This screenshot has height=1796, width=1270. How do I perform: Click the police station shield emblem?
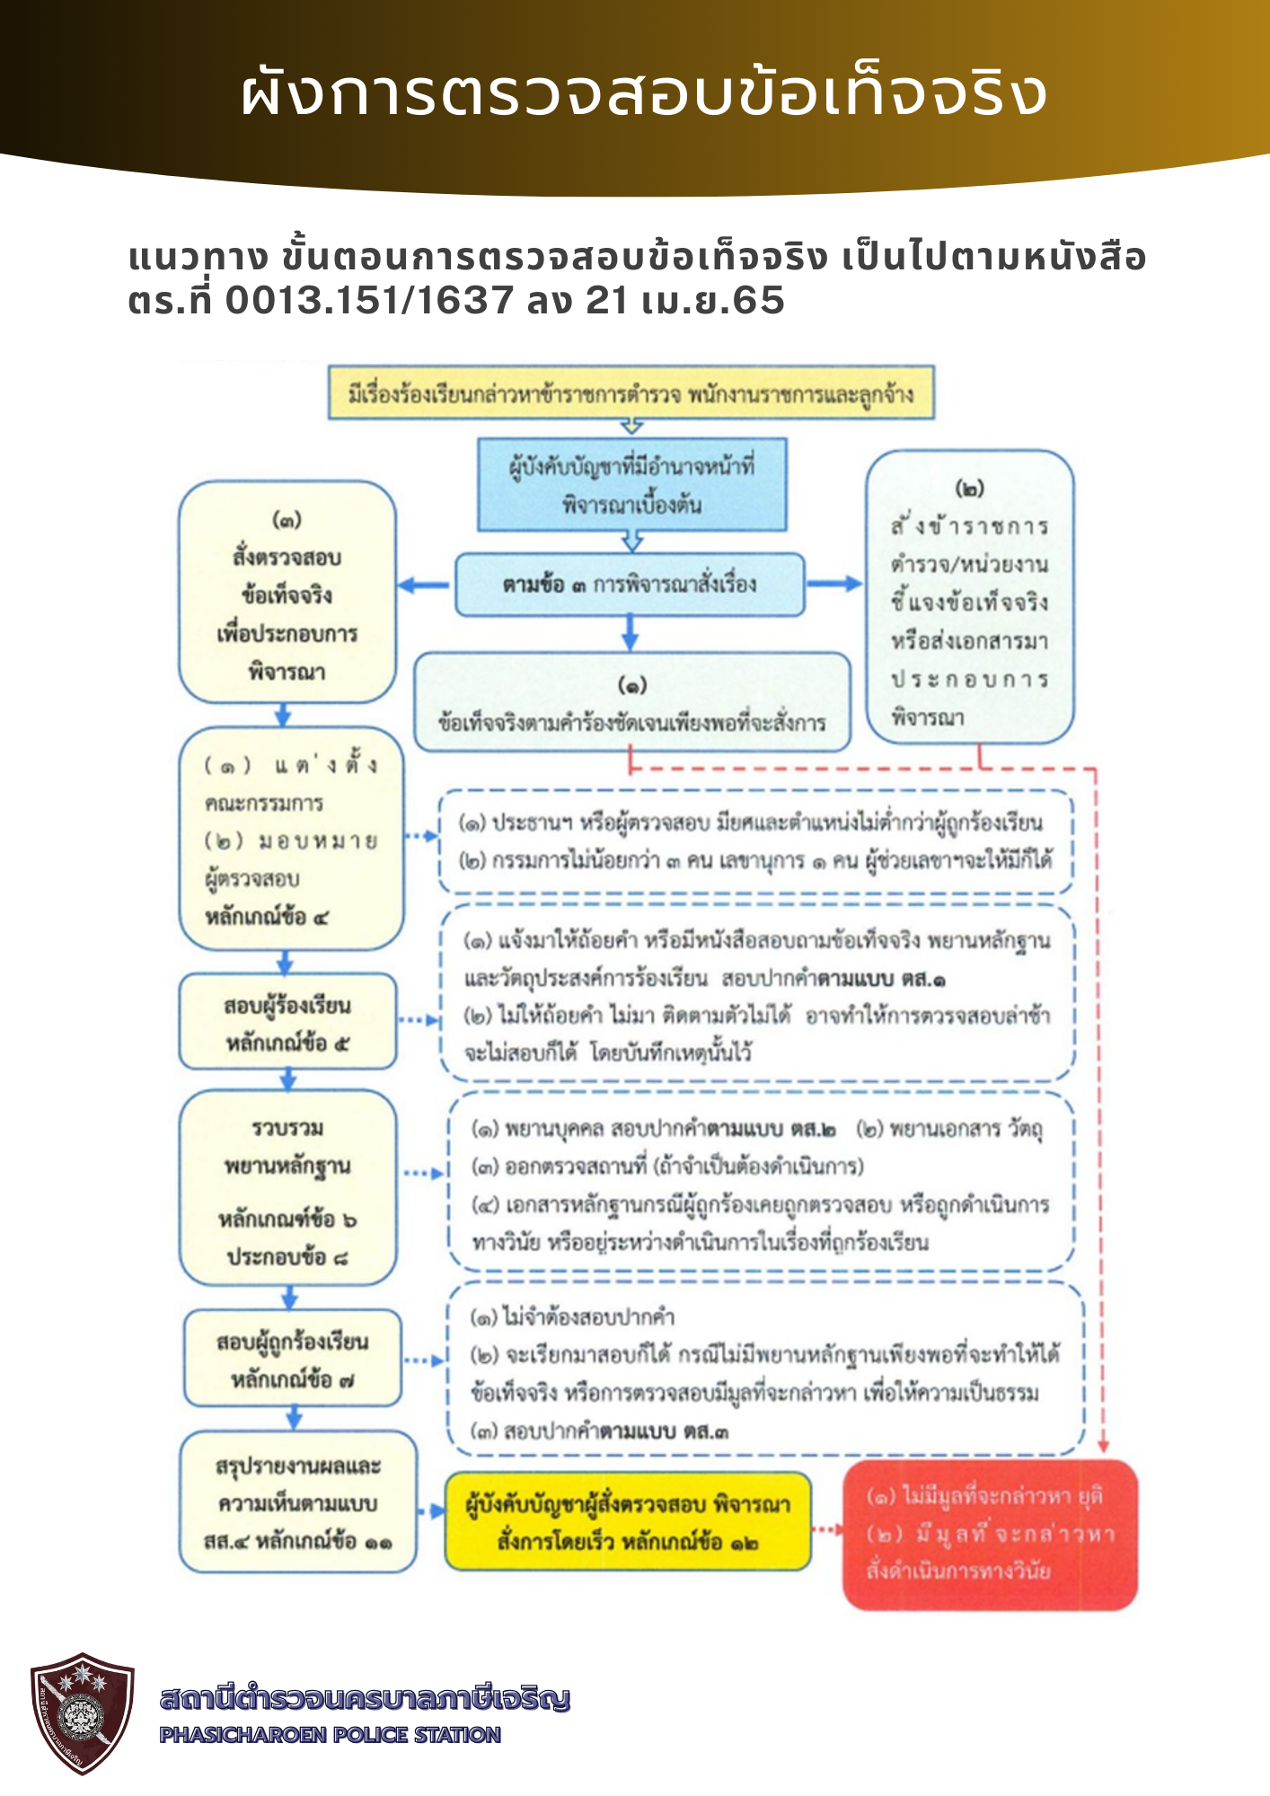click(82, 1712)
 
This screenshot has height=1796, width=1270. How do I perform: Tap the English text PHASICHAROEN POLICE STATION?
click(330, 1735)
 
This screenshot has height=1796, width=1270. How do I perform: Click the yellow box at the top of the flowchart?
click(631, 392)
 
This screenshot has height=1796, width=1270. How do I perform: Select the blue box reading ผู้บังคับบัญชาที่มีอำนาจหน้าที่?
click(631, 485)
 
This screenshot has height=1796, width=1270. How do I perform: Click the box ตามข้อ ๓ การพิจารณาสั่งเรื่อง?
click(629, 585)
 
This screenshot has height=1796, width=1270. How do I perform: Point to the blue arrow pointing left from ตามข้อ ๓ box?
click(423, 585)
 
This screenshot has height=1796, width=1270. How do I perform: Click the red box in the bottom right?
click(990, 1534)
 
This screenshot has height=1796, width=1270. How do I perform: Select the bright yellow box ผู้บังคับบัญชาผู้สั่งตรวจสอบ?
click(628, 1521)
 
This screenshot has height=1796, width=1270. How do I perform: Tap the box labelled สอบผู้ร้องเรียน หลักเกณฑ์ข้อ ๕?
click(287, 1022)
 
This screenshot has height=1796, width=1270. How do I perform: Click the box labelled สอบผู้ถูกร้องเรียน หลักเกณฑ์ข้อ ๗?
click(292, 1359)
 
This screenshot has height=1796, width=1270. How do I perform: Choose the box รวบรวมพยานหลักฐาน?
click(287, 1187)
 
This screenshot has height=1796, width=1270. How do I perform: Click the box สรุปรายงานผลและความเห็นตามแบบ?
click(297, 1502)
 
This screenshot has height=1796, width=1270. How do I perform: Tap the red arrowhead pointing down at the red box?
click(1104, 1447)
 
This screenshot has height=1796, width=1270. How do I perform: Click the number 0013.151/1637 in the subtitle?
click(368, 301)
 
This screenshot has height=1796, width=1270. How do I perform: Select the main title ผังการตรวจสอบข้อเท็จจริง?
click(643, 92)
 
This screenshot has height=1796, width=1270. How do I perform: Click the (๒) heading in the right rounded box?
click(969, 489)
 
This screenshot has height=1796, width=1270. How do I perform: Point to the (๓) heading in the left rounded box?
click(287, 519)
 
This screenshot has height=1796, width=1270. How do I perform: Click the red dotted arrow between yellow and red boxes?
click(826, 1528)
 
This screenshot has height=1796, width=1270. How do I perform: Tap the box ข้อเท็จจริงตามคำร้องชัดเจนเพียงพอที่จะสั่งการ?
click(631, 702)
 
